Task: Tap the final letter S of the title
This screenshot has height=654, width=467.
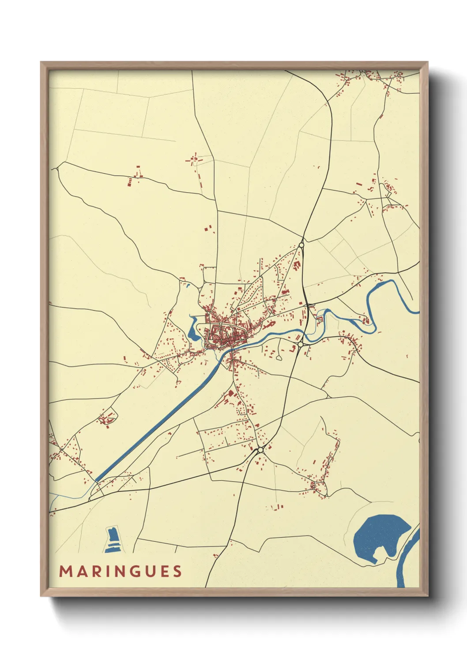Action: pyautogui.click(x=177, y=571)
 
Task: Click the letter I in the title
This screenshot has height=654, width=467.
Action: pyautogui.click(x=105, y=571)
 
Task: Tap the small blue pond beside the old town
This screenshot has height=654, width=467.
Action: pyautogui.click(x=193, y=332)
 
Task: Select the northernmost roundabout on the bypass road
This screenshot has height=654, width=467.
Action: pyautogui.click(x=301, y=244)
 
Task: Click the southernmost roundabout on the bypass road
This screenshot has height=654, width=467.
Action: pyautogui.click(x=260, y=450)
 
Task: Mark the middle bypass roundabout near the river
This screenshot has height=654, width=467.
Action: pyautogui.click(x=300, y=344)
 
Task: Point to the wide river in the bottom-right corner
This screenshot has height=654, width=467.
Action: pyautogui.click(x=411, y=561)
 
